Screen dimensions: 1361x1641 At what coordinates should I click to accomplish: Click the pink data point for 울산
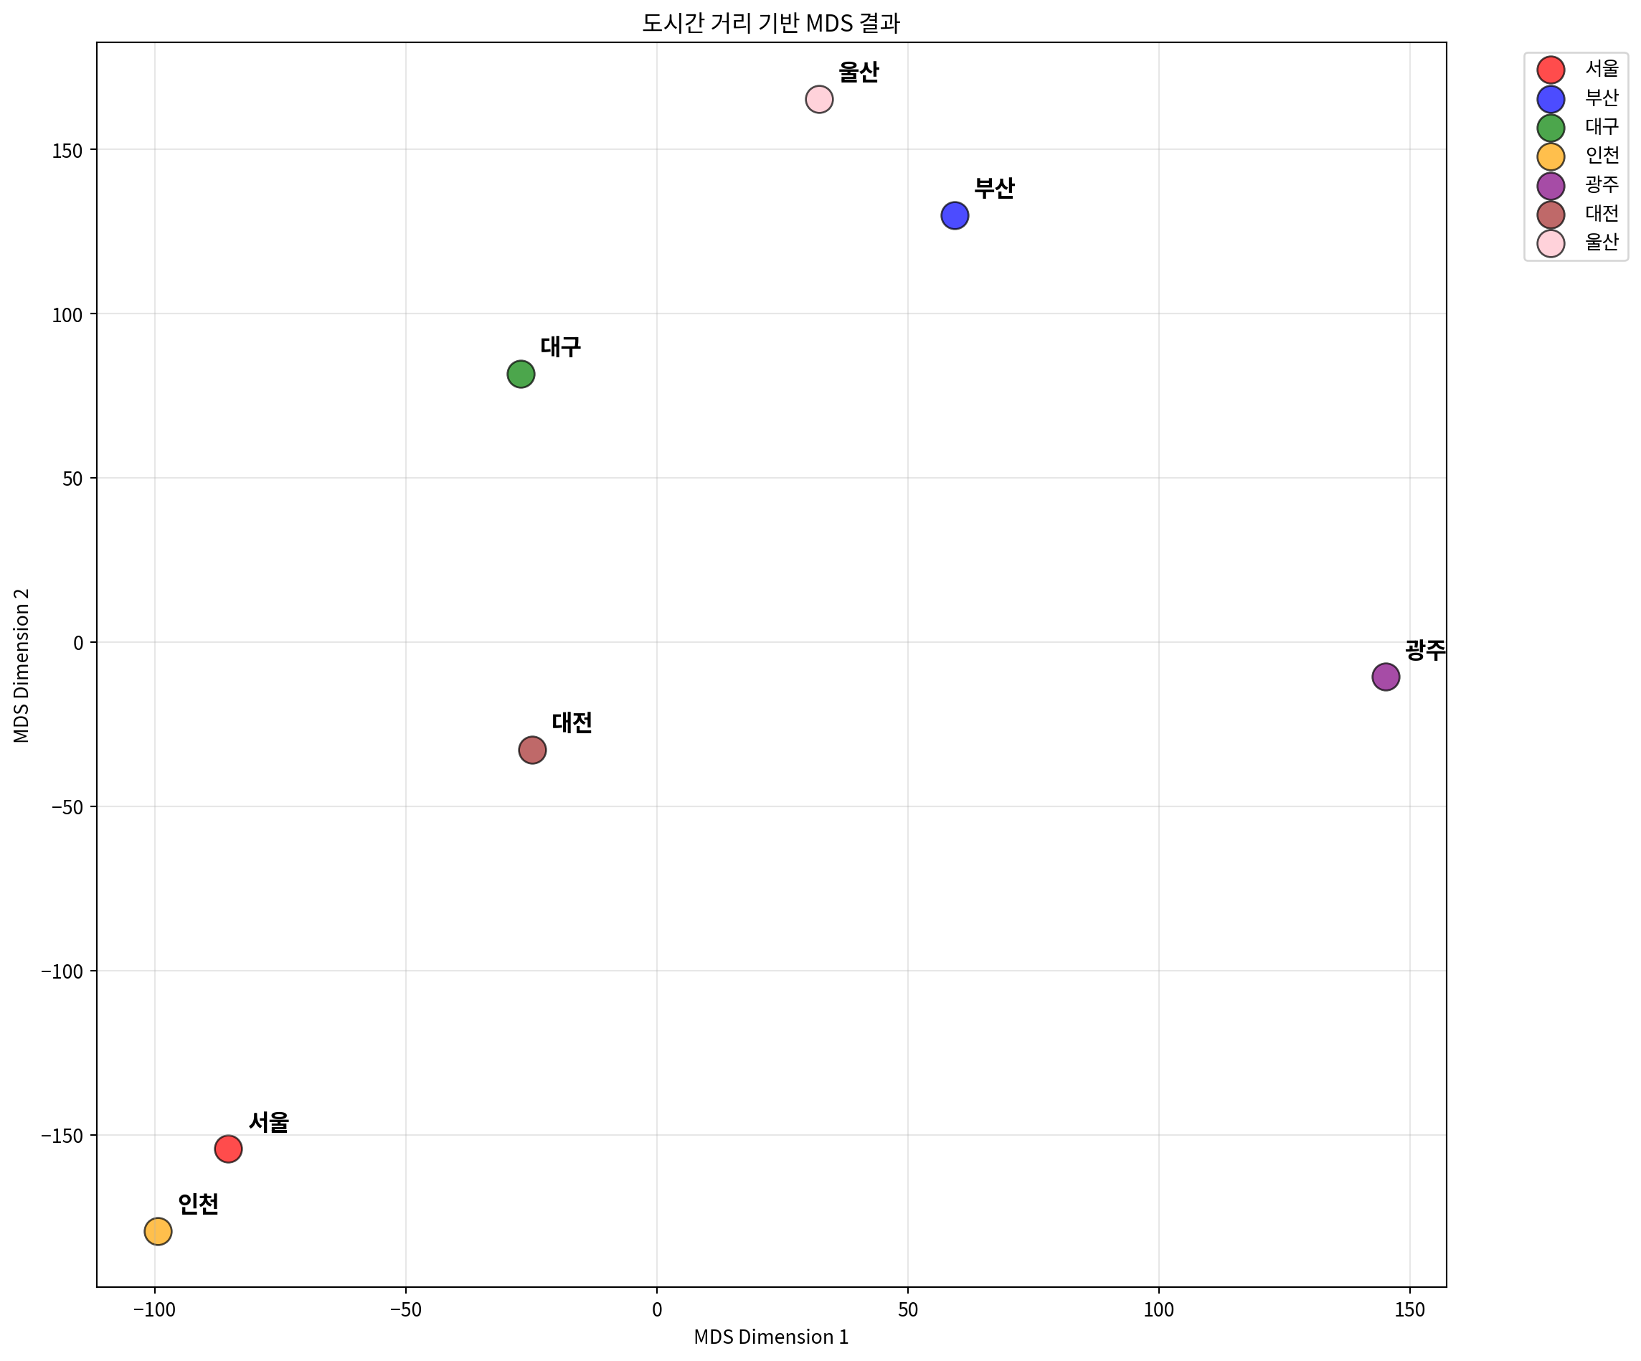[x=819, y=99]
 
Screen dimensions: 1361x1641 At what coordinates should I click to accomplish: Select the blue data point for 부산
[x=955, y=215]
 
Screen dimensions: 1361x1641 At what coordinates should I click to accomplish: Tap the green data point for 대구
[x=521, y=375]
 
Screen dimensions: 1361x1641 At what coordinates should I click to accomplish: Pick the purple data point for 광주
[x=1386, y=677]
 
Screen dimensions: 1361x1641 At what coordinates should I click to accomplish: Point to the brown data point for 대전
[x=532, y=750]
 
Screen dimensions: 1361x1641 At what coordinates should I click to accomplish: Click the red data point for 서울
[x=228, y=1149]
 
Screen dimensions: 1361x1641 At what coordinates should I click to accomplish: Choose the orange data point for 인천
[x=158, y=1231]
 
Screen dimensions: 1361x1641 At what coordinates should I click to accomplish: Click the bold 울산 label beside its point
[x=859, y=72]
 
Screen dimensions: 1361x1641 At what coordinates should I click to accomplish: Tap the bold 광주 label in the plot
[x=1424, y=649]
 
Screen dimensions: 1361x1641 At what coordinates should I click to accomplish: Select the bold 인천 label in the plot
[x=198, y=1205]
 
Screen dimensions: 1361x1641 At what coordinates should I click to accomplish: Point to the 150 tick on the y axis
[x=67, y=150]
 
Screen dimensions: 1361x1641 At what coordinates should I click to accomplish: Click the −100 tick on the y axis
[x=62, y=971]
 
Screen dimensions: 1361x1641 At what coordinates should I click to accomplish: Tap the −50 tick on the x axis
[x=405, y=1310]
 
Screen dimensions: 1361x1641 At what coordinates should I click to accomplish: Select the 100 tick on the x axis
[x=1158, y=1310]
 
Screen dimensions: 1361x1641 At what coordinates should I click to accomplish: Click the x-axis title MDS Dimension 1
[x=770, y=1337]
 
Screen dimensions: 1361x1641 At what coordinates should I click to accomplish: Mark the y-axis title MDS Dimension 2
[x=22, y=665]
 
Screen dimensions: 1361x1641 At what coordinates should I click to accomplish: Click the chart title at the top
[x=770, y=24]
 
